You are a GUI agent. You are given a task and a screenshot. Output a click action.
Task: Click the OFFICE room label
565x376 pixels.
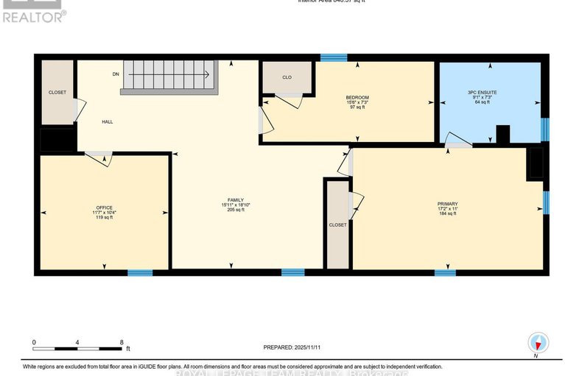point(104,207)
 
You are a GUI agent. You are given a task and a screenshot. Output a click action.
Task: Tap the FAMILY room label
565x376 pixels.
point(235,200)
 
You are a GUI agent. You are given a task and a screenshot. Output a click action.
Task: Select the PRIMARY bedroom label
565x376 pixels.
point(447,204)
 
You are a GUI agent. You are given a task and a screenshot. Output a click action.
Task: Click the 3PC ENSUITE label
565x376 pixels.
point(487,92)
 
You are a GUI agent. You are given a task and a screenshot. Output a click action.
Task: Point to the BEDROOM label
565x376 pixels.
point(357,97)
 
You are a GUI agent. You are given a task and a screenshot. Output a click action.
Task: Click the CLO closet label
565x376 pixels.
point(287,77)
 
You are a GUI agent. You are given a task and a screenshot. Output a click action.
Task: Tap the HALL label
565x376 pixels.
point(108,122)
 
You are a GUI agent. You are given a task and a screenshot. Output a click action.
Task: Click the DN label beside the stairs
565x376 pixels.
point(116,74)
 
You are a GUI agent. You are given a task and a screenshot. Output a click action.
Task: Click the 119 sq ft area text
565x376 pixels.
point(104,219)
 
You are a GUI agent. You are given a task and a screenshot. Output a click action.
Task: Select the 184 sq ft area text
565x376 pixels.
point(447,215)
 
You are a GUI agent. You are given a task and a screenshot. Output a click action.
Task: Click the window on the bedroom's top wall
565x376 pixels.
point(334,57)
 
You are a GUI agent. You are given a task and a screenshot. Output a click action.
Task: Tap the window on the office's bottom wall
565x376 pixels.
point(140,273)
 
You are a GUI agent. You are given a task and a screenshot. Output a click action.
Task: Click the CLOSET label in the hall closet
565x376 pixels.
point(57,92)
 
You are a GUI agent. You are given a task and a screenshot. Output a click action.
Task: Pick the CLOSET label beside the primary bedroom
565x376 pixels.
point(338,225)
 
